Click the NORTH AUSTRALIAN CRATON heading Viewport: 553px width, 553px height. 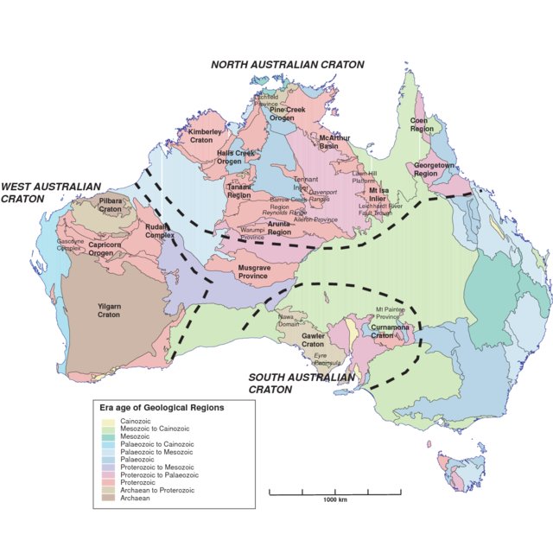point(288,65)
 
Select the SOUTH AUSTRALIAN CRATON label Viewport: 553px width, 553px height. point(301,383)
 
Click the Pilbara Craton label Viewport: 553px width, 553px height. point(111,205)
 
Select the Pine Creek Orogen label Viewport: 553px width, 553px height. point(289,114)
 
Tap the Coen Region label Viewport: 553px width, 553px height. point(421,124)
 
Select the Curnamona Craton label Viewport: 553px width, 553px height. point(388,332)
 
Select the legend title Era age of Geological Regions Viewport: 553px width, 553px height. point(162,407)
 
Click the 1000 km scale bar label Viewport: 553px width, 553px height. point(335,499)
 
